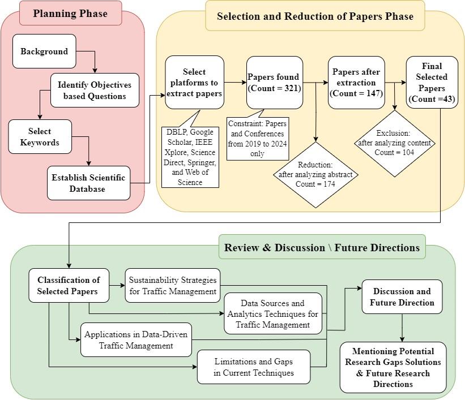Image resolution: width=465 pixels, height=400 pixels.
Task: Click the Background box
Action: click(44, 51)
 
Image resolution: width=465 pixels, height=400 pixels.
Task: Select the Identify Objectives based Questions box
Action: click(95, 91)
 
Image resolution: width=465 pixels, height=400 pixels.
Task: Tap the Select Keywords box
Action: click(40, 136)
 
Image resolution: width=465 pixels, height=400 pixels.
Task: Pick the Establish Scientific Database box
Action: click(88, 183)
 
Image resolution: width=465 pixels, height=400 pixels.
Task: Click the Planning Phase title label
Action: click(71, 14)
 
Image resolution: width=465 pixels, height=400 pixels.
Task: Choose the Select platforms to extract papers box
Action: click(194, 83)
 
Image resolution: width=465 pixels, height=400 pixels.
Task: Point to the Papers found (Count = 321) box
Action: click(275, 83)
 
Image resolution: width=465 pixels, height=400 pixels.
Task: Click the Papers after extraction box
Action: click(356, 83)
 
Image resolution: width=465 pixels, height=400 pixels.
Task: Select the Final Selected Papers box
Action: click(432, 82)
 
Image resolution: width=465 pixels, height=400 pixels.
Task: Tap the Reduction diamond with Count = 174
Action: click(315, 175)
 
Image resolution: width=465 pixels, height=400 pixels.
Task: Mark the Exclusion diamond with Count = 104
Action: click(395, 143)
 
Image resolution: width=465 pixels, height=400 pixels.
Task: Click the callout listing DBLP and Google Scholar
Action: click(190, 157)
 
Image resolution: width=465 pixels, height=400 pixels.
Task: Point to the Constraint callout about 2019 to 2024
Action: click(257, 139)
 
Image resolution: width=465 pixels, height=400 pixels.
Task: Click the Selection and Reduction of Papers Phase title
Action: click(315, 16)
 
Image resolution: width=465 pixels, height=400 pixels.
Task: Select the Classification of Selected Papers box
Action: click(69, 285)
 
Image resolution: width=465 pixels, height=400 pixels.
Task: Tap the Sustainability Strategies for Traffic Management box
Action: click(173, 285)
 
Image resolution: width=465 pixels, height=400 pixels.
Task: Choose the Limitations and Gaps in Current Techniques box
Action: click(254, 367)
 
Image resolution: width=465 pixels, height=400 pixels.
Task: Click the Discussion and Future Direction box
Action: click(402, 296)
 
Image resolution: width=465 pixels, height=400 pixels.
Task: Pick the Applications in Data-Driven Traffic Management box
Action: click(136, 339)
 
